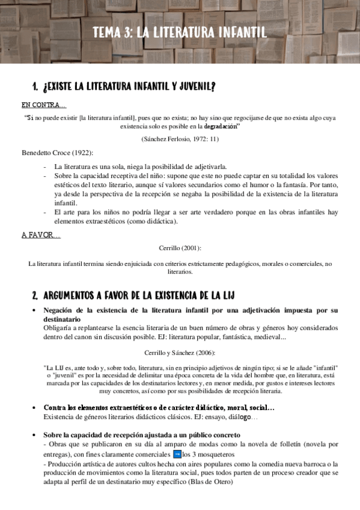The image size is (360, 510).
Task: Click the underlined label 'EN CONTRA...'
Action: (x=44, y=105)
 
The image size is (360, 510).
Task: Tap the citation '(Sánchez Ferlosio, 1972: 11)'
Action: (x=180, y=139)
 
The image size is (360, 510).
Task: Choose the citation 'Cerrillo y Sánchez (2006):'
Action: (x=180, y=352)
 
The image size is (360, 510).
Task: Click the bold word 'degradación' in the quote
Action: (x=221, y=127)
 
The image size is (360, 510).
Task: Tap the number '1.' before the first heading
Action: (x=35, y=87)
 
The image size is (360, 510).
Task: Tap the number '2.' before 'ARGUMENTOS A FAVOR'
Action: (x=35, y=295)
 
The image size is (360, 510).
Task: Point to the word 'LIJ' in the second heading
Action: (x=227, y=295)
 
